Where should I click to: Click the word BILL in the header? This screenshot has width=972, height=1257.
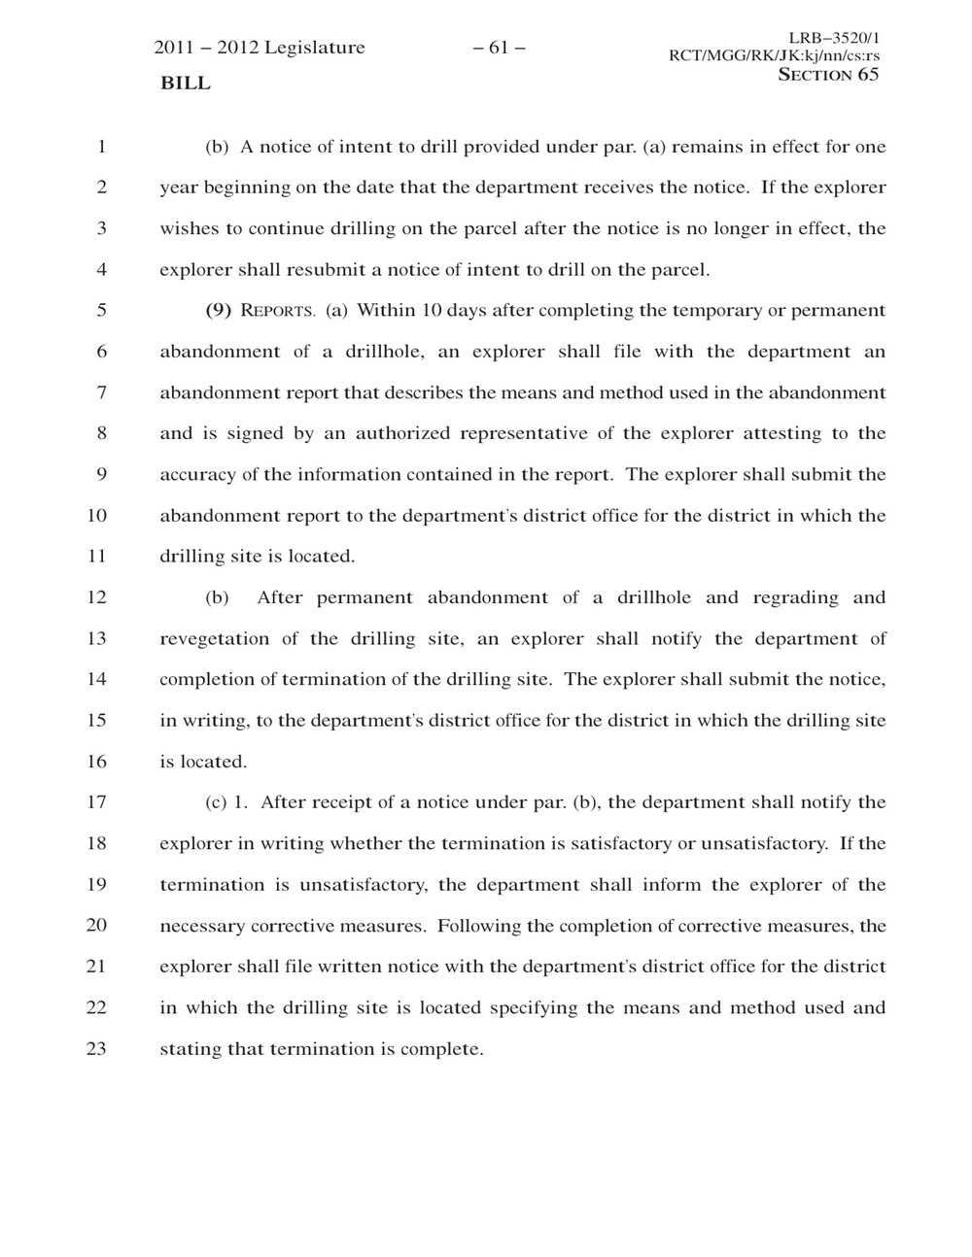tap(185, 84)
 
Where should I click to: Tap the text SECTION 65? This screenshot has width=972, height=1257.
tap(828, 75)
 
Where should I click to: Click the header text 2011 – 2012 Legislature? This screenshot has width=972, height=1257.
tap(260, 48)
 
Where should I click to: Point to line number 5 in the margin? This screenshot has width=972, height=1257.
tap(100, 311)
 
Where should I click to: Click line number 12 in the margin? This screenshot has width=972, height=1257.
tap(96, 597)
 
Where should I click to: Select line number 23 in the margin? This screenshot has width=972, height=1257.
tap(96, 1049)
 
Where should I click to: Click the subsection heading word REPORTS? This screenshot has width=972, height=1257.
tap(278, 312)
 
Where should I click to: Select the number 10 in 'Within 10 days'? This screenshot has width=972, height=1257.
tap(433, 311)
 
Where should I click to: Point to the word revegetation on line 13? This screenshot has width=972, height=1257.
tap(215, 639)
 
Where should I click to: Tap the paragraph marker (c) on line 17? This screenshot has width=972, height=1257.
tap(216, 802)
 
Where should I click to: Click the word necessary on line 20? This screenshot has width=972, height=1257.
tap(202, 926)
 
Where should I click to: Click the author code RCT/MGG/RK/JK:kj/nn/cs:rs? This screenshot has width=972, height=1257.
tap(775, 56)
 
